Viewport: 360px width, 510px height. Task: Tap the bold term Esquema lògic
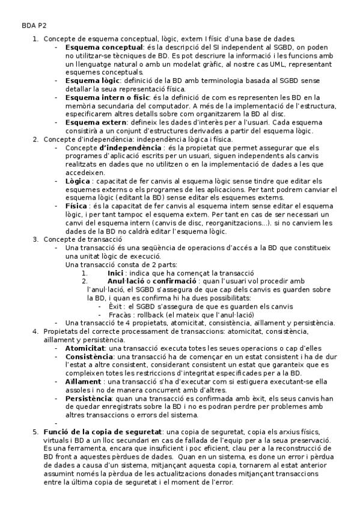(93, 81)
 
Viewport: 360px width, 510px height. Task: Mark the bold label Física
(76, 205)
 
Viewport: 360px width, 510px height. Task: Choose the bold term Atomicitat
(85, 348)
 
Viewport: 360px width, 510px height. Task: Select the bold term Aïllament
(84, 382)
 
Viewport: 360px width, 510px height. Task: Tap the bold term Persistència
(88, 399)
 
